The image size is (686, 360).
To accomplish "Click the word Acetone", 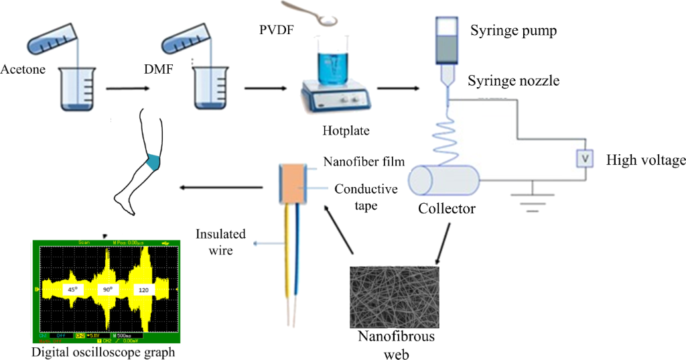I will pyautogui.click(x=23, y=69).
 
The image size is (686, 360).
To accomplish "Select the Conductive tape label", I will pyautogui.click(x=364, y=197).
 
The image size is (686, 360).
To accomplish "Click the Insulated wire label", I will pyautogui.click(x=220, y=241).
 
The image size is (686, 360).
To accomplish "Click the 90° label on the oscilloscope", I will pyautogui.click(x=107, y=290).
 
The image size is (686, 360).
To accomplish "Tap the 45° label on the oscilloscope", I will pyautogui.click(x=71, y=290).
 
